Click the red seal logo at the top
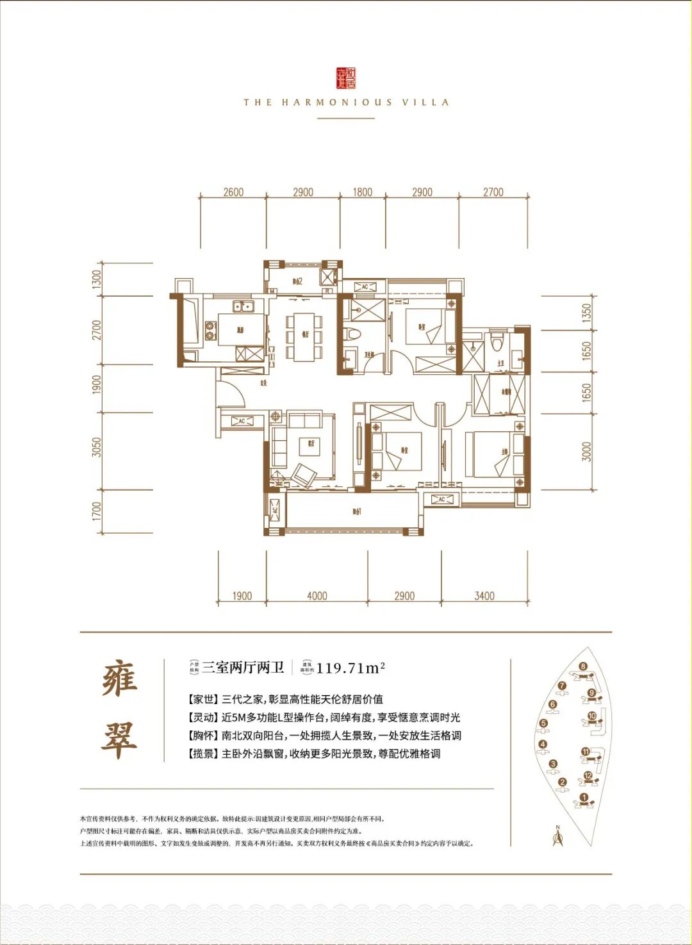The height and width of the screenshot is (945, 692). point(346,78)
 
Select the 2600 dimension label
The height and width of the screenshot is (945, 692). point(233,192)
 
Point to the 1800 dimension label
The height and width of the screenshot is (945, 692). point(362,192)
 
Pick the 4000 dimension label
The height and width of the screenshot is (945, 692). point(317,596)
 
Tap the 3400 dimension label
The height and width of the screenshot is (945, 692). point(484,596)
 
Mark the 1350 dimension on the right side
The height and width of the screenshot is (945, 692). point(587,313)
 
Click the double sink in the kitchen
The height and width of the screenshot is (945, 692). point(243,306)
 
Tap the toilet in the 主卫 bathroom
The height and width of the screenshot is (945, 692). point(497,340)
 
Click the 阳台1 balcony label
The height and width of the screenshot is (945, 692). point(357,511)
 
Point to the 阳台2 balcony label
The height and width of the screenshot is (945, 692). point(297,281)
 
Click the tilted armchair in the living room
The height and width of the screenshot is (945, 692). point(304,475)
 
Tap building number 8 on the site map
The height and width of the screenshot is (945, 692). point(582,666)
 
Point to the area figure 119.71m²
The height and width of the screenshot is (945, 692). point(350,668)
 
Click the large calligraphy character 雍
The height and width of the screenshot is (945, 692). point(120,679)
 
